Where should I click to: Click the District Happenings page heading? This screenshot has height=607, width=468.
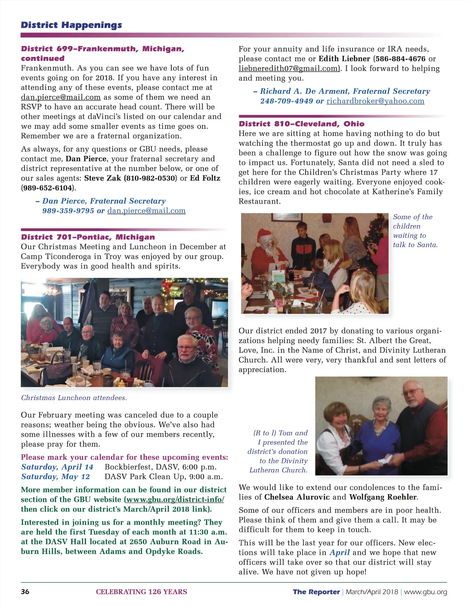(x=71, y=25)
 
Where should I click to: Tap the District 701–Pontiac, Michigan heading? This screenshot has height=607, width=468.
(x=88, y=237)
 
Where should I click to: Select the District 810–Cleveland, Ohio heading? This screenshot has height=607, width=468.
(x=301, y=124)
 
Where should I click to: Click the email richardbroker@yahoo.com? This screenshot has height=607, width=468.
(x=375, y=101)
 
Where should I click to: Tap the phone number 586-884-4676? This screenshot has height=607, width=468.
(x=400, y=59)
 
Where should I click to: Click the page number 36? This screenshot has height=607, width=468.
(x=25, y=591)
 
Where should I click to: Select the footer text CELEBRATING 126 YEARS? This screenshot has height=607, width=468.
(x=142, y=592)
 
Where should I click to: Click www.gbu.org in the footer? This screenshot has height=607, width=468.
(x=425, y=592)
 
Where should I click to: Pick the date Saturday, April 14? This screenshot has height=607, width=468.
(x=57, y=467)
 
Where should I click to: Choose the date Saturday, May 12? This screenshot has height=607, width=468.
(x=55, y=476)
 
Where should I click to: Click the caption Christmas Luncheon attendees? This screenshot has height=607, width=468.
(x=74, y=398)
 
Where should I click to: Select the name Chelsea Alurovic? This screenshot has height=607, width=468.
(x=297, y=497)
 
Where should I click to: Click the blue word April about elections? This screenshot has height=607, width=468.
(x=339, y=552)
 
